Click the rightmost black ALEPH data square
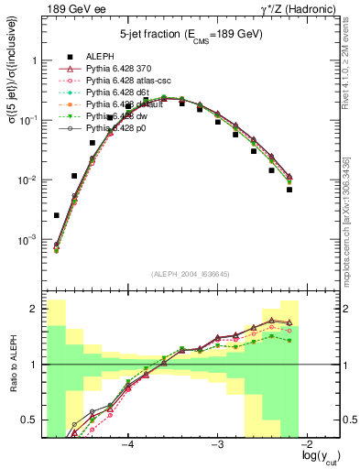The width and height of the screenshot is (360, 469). point(289,190)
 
